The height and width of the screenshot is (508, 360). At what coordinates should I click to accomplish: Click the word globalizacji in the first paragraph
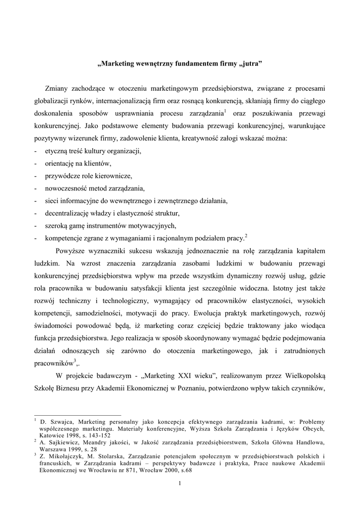coord(51,101)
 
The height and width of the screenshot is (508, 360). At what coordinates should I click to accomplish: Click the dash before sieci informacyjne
coord(36,201)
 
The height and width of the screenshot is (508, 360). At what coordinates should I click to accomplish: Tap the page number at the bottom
coord(180,484)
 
